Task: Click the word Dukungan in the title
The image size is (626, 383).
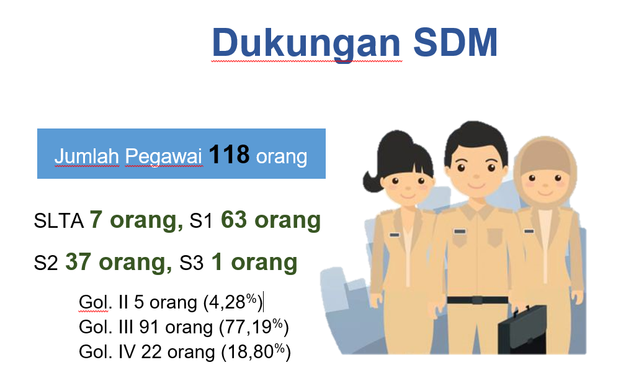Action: (306, 43)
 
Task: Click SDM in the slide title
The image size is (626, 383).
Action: (455, 42)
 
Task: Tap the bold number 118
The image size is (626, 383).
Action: (229, 154)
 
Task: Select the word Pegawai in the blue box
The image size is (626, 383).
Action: (164, 156)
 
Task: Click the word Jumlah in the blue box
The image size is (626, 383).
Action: (87, 156)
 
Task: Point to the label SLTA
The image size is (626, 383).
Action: (59, 220)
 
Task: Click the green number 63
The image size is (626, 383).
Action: (234, 220)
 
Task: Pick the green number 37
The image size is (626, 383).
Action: (78, 262)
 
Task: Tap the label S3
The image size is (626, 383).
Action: (191, 263)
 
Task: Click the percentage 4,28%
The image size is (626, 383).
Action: (233, 302)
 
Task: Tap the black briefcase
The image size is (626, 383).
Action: (522, 330)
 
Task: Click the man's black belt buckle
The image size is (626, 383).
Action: (478, 300)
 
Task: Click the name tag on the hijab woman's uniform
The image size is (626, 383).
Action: (529, 232)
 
